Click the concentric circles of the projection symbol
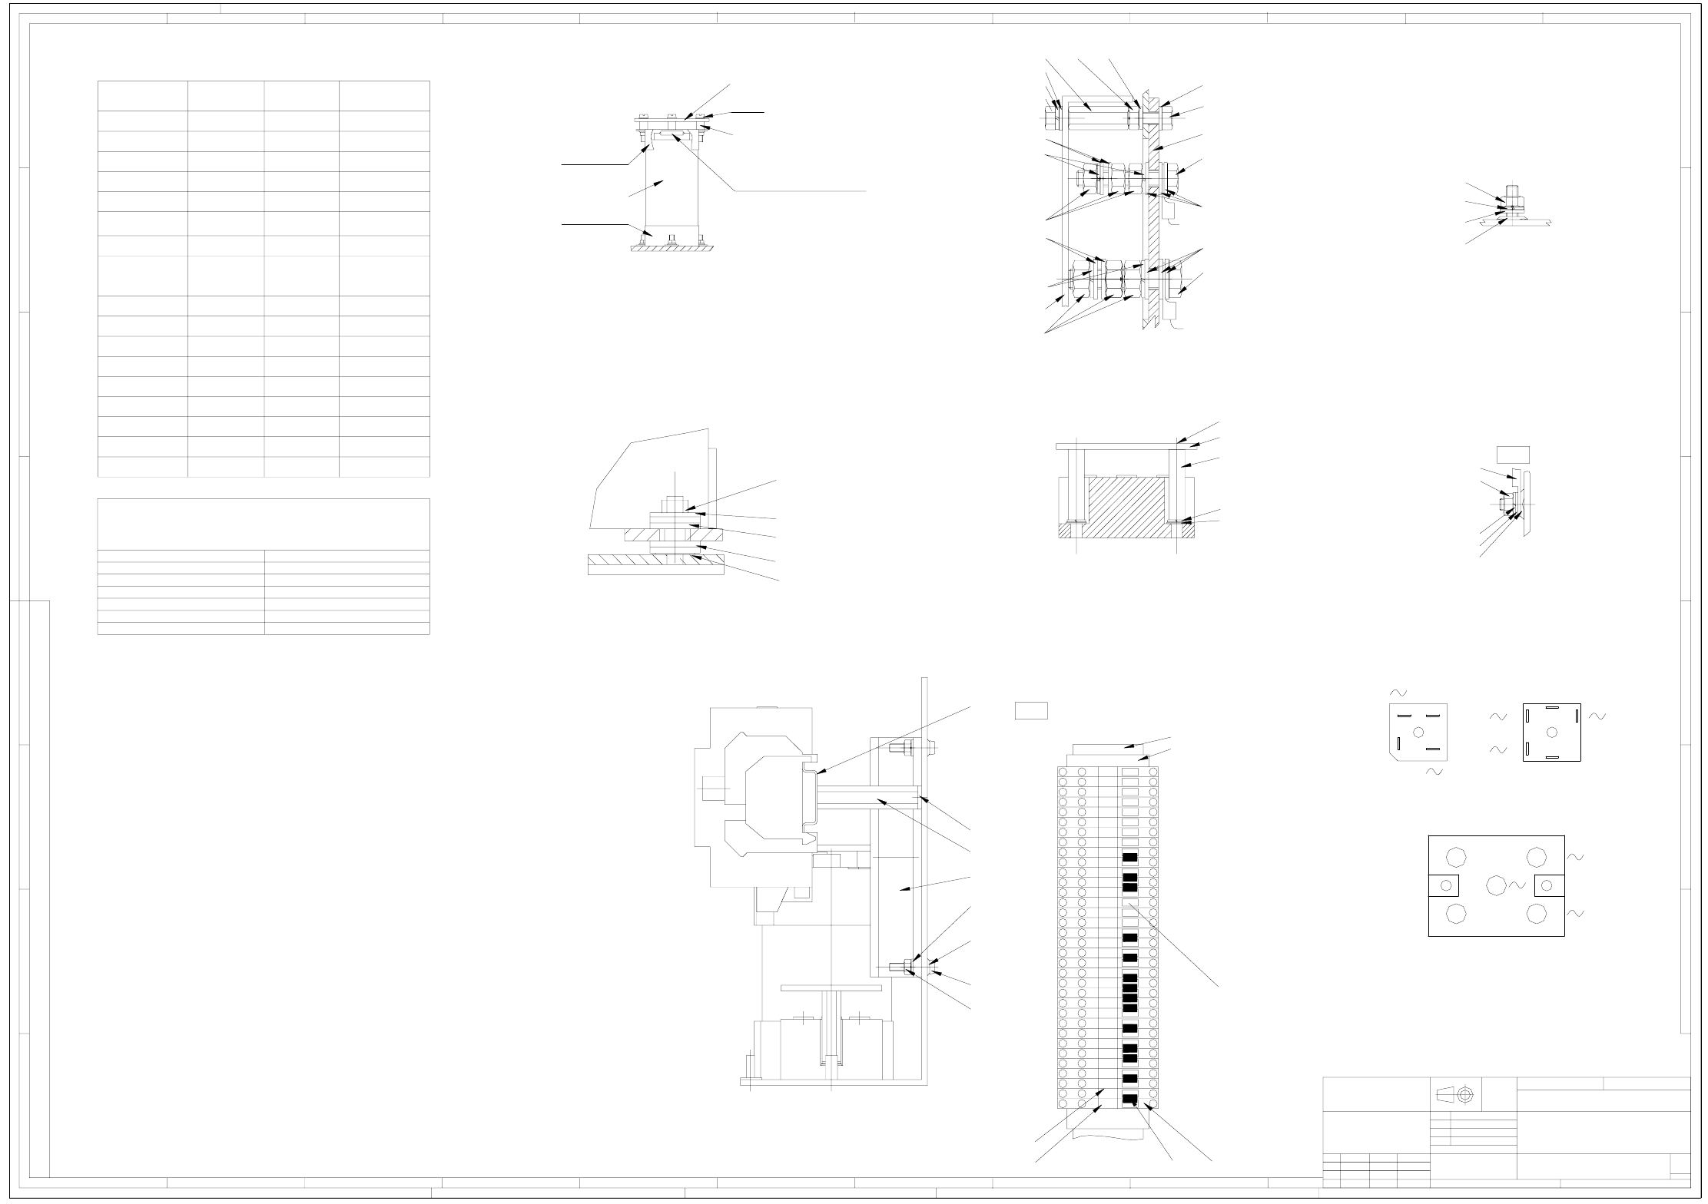click(1464, 1094)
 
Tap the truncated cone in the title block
click(1445, 1094)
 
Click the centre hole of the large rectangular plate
click(1495, 885)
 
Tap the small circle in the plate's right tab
click(1547, 885)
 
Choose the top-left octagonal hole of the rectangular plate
click(1455, 857)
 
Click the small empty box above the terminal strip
click(1031, 710)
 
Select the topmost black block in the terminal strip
click(1129, 857)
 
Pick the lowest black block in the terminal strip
click(1129, 1099)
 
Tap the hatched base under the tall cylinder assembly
click(673, 248)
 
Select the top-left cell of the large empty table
click(143, 95)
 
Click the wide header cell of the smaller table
click(263, 524)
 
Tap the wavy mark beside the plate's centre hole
click(1517, 885)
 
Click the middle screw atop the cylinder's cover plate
click(672, 116)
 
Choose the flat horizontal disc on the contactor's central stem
click(831, 987)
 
